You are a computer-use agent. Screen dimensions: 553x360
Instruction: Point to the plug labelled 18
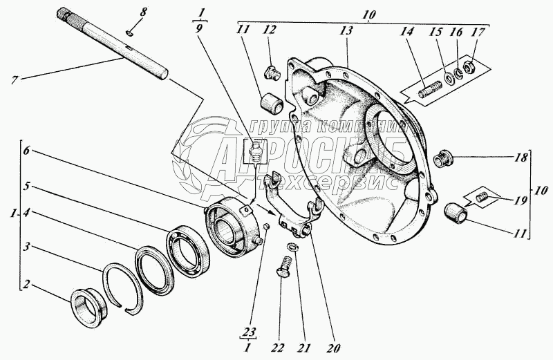tap(442, 161)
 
